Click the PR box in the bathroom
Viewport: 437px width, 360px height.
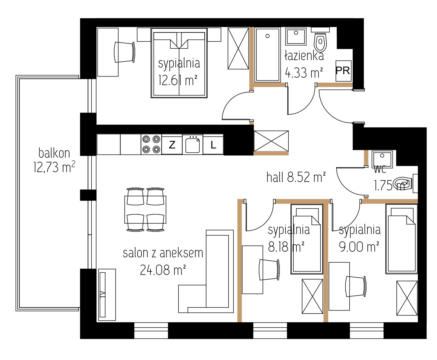pyautogui.click(x=343, y=71)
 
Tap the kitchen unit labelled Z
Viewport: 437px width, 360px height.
pyautogui.click(x=172, y=145)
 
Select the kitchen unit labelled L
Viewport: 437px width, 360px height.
pyautogui.click(x=213, y=145)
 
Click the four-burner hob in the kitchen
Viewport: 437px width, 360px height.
pyautogui.click(x=151, y=145)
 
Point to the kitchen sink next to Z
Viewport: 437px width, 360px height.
pyautogui.click(x=193, y=145)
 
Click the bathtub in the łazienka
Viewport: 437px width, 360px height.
pyautogui.click(x=267, y=55)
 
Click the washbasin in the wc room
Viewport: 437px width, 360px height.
pyautogui.click(x=382, y=159)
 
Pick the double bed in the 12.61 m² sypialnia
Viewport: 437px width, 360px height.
pyautogui.click(x=179, y=63)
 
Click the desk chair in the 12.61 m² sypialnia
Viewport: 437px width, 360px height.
pyautogui.click(x=125, y=52)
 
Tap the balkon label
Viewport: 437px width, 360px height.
pyautogui.click(x=54, y=153)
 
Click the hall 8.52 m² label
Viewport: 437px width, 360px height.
pyautogui.click(x=296, y=177)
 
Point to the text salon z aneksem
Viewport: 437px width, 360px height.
pyautogui.click(x=163, y=253)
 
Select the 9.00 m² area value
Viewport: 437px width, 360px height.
pyautogui.click(x=359, y=247)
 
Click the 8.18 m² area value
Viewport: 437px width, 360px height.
pyautogui.click(x=286, y=247)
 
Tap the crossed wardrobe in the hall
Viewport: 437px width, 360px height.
pyautogui.click(x=271, y=141)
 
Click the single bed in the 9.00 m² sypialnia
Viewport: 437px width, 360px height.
pyautogui.click(x=402, y=239)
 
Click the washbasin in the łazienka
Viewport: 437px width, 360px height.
pyautogui.click(x=296, y=37)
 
